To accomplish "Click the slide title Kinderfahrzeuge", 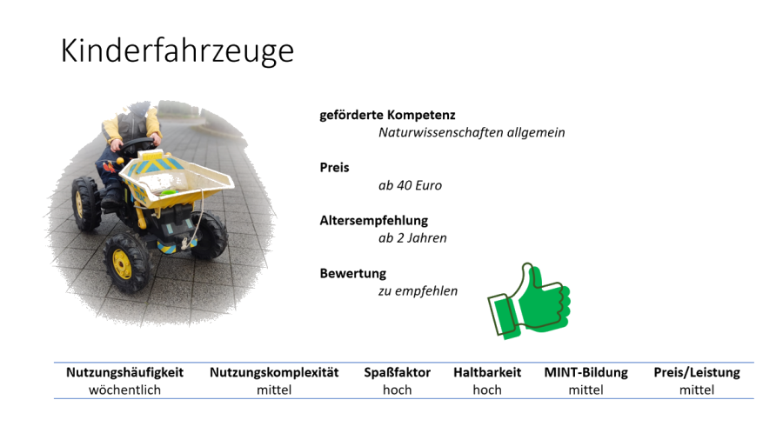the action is pyautogui.click(x=177, y=51).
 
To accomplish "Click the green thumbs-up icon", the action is pyautogui.click(x=529, y=301).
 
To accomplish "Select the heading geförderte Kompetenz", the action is pyautogui.click(x=387, y=116).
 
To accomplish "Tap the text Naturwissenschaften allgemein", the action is pyautogui.click(x=472, y=133).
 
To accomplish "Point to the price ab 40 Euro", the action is pyautogui.click(x=410, y=185).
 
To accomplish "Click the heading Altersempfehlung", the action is pyautogui.click(x=374, y=221).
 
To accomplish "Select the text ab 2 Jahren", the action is pyautogui.click(x=412, y=238).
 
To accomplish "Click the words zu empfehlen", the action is pyautogui.click(x=418, y=291).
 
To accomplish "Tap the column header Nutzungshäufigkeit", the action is pyautogui.click(x=124, y=373).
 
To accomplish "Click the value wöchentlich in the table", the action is pyautogui.click(x=124, y=390).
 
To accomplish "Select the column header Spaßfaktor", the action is pyautogui.click(x=397, y=373).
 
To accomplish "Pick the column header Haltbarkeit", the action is pyautogui.click(x=487, y=373).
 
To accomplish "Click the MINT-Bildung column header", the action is pyautogui.click(x=586, y=373).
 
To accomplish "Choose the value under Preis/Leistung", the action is pyautogui.click(x=697, y=390).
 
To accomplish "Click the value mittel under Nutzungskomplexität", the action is pyautogui.click(x=274, y=390).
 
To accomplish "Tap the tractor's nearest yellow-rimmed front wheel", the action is pyautogui.click(x=124, y=263).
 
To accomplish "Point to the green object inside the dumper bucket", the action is pyautogui.click(x=169, y=191).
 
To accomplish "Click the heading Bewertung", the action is pyautogui.click(x=353, y=273).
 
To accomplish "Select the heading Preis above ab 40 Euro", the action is pyautogui.click(x=335, y=168).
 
